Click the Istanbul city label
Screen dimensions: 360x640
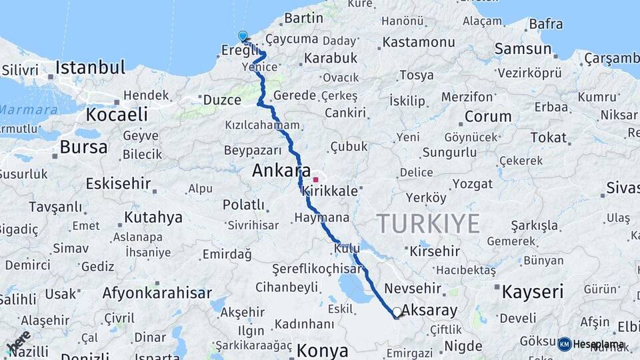90,67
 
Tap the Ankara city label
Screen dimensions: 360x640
281,171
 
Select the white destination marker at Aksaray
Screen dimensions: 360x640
397,311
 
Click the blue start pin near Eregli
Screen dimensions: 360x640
243,36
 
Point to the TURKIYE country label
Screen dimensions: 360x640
428,223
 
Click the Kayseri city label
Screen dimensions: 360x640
532,291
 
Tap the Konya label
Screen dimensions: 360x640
323,351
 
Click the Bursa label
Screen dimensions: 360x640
83,147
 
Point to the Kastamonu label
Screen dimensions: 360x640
419,43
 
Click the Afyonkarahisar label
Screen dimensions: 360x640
157,293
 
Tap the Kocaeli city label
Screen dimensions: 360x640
116,114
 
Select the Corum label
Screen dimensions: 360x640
487,116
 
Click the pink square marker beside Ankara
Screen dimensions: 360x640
315,179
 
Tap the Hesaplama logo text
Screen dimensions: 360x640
598,344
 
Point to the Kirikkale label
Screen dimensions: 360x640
330,191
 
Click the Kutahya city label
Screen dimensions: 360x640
153,217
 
